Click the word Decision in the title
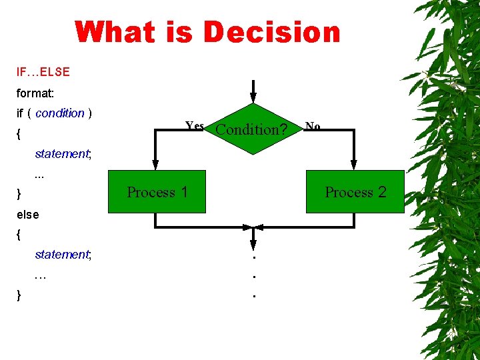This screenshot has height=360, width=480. click(271, 32)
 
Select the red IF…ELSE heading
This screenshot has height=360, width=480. click(43, 71)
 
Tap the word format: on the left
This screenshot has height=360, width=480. click(35, 93)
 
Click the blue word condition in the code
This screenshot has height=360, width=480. click(60, 113)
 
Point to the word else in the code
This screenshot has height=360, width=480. click(28, 215)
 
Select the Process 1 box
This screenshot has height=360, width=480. click(157, 193)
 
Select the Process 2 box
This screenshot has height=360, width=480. click(355, 193)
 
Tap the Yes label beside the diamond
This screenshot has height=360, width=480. click(195, 126)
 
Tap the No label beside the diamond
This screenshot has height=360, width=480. click(312, 126)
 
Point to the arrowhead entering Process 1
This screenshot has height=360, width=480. click(155, 167)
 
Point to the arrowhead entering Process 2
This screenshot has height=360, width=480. click(353, 167)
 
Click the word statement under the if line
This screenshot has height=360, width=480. click(62, 154)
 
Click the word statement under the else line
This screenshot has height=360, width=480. click(62, 255)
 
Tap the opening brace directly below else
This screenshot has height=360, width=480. click(19, 235)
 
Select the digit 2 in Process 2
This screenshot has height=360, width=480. click(382, 193)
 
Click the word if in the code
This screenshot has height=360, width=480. click(20, 113)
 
